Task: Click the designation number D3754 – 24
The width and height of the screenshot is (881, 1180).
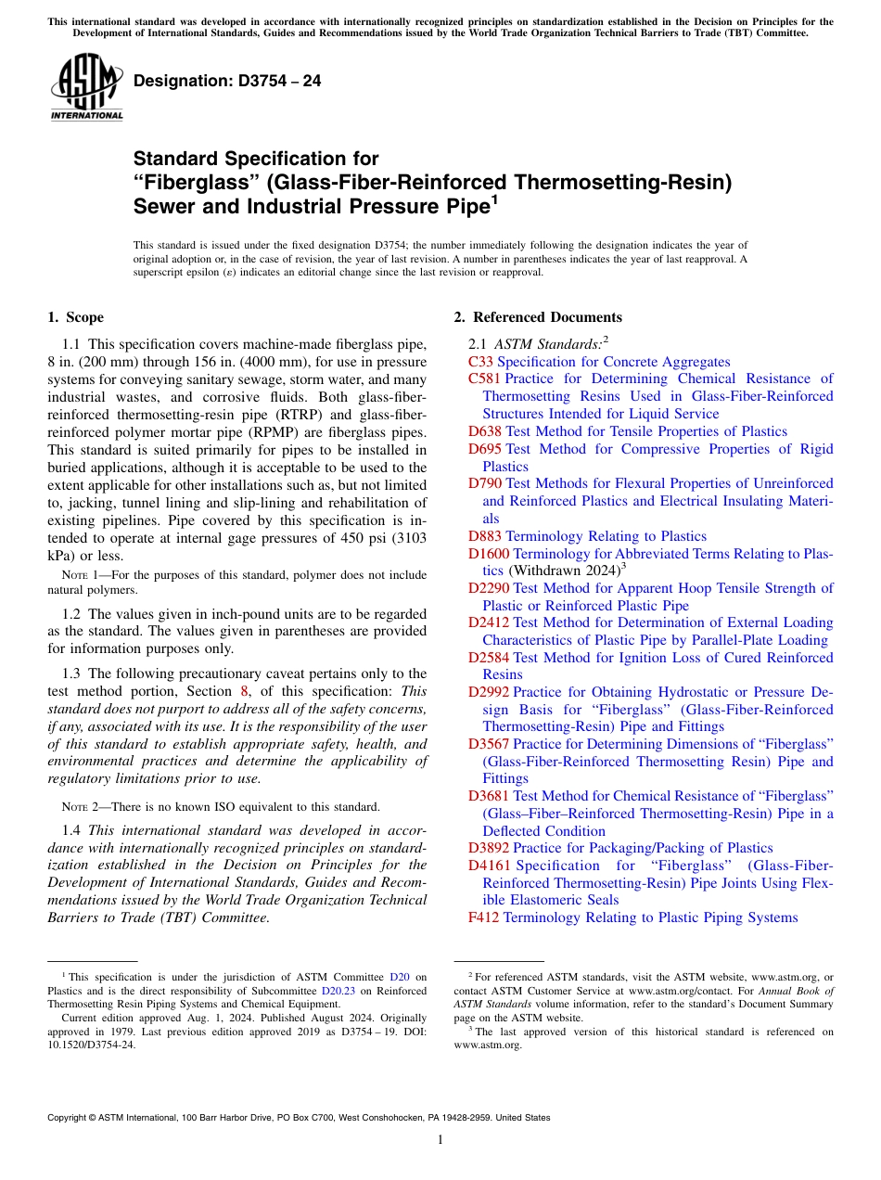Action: (x=227, y=82)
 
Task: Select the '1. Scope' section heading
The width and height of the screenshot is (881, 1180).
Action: (x=75, y=317)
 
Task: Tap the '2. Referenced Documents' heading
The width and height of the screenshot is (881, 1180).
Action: (x=538, y=317)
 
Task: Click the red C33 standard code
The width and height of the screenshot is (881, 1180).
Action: (x=481, y=362)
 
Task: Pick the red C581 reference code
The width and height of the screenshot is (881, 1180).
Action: (x=485, y=378)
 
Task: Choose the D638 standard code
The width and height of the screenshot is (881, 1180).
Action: (x=485, y=431)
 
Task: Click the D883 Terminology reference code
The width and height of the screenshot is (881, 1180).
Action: (x=485, y=536)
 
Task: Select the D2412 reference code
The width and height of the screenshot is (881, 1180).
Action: (x=489, y=622)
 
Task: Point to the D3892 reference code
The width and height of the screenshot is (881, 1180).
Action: (x=489, y=848)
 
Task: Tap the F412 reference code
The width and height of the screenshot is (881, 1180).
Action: (x=484, y=917)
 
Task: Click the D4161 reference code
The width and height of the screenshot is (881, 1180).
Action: (x=489, y=866)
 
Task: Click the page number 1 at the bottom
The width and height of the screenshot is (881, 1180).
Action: (x=440, y=1139)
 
